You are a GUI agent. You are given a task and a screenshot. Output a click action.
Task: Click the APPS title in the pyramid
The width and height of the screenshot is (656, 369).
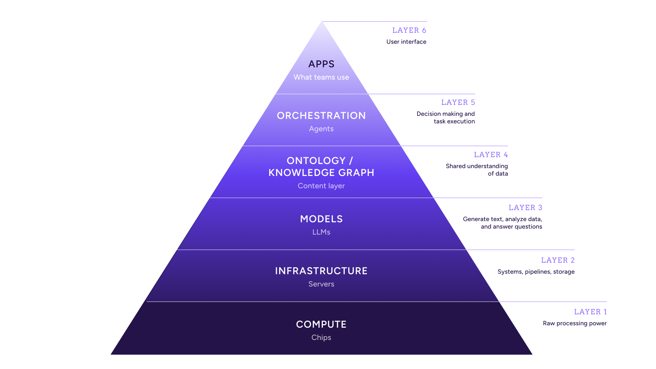(321, 64)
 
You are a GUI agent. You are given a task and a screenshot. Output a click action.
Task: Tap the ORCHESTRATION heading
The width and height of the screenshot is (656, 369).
(321, 115)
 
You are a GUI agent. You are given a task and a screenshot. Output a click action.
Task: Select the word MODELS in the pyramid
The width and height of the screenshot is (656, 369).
(321, 219)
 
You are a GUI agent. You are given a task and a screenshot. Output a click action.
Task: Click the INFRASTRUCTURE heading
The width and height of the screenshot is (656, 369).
(321, 271)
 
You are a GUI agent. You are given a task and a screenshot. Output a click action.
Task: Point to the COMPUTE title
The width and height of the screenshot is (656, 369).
(321, 324)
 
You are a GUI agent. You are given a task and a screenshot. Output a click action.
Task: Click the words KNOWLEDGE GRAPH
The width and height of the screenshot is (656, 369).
(321, 173)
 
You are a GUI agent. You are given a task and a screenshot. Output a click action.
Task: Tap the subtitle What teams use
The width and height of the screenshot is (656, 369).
(321, 77)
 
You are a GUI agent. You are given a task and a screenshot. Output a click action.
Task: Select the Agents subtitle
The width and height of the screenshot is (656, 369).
(321, 129)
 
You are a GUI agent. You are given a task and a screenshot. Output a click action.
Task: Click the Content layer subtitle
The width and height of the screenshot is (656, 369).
(321, 186)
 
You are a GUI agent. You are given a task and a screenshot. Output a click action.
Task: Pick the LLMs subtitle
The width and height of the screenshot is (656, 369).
(321, 232)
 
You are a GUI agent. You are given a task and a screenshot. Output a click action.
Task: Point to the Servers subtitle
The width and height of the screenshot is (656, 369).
(321, 284)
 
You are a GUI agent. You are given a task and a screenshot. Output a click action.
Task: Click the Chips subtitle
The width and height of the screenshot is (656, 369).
(321, 338)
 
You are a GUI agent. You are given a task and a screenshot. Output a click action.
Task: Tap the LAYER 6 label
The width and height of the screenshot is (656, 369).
(409, 30)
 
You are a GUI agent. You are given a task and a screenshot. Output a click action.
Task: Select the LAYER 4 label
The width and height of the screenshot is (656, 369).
(491, 155)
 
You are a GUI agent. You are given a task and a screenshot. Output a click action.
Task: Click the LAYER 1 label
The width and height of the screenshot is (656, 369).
(590, 312)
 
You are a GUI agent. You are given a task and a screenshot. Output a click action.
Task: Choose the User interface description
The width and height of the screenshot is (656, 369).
(406, 42)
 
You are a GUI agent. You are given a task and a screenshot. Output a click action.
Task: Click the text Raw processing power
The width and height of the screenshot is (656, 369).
(575, 323)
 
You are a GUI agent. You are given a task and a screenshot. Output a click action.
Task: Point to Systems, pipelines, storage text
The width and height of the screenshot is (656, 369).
(536, 272)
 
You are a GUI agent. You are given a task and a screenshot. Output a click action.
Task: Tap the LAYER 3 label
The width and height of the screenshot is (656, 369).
(525, 208)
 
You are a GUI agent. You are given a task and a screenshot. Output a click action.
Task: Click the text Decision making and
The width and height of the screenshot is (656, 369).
(446, 114)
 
